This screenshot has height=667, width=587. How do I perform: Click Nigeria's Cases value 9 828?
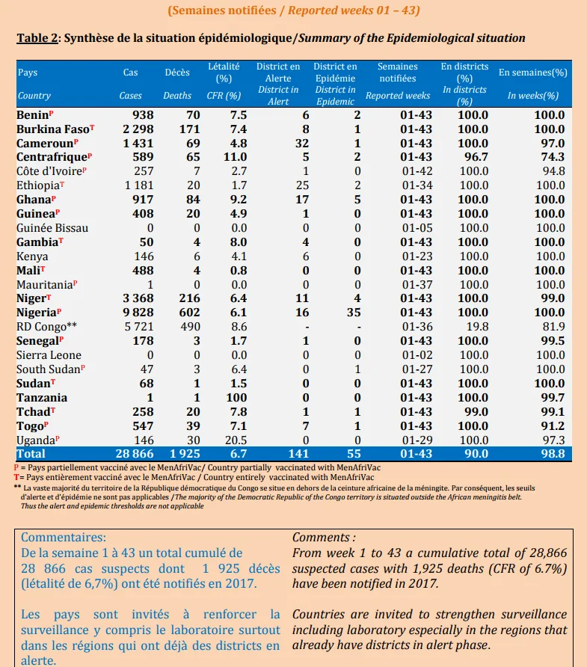[x=138, y=313]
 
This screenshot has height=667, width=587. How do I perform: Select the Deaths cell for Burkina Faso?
[x=190, y=129]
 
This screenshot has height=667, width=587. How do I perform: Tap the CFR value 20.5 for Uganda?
[x=236, y=440]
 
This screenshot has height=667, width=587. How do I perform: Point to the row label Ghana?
[x=34, y=200]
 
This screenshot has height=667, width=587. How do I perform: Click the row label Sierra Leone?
[x=49, y=355]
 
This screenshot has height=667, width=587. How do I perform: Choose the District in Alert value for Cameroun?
[x=302, y=144]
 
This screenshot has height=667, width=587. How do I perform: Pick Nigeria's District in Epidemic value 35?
[x=354, y=313]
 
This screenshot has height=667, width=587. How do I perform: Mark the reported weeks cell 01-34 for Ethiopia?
[x=417, y=185]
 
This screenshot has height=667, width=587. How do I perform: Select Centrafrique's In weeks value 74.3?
[x=553, y=157]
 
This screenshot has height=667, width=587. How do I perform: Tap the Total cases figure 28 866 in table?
[x=135, y=454]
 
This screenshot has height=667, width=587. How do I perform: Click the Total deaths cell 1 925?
[x=185, y=454]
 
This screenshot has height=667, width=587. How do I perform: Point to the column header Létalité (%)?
[x=224, y=73]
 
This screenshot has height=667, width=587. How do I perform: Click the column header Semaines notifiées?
[x=398, y=73]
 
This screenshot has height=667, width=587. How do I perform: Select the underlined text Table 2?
[x=37, y=38]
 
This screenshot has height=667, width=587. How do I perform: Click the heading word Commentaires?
[x=64, y=537]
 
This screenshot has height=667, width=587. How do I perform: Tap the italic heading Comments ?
[x=324, y=537]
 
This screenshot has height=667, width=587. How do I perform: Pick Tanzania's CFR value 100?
[x=236, y=398]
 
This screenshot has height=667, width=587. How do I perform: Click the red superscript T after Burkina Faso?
[x=92, y=127]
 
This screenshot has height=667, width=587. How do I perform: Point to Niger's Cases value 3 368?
[x=138, y=298]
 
